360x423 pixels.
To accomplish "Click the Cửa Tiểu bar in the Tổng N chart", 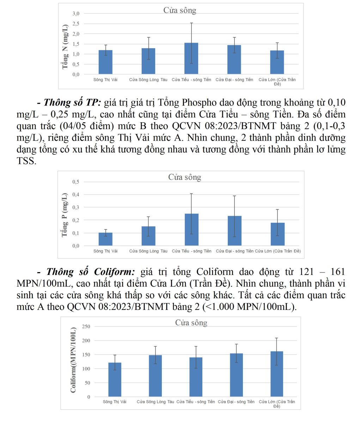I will [191, 59].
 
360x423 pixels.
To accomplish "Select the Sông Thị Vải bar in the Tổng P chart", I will [105, 239].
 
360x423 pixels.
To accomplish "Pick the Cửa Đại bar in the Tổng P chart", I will [234, 231].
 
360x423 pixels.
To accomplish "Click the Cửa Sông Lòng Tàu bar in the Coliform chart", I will [155, 376].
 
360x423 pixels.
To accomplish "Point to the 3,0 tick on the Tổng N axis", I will [76, 13].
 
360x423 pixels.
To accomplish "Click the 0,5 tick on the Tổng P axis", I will [76, 182].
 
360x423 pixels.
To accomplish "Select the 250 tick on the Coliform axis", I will [86, 326].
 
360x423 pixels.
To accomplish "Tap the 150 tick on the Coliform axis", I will [86, 355].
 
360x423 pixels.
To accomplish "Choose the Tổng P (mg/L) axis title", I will [65, 215].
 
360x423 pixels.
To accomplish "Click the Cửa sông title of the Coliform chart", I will [191, 323].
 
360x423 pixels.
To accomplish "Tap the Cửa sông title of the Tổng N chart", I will [179, 11].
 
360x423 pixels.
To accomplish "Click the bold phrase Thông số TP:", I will [72, 103].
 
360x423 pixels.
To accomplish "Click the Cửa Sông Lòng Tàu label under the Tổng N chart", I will [148, 80].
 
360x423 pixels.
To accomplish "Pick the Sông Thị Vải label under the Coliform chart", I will [115, 402].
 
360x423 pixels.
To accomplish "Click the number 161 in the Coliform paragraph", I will [337, 272].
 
